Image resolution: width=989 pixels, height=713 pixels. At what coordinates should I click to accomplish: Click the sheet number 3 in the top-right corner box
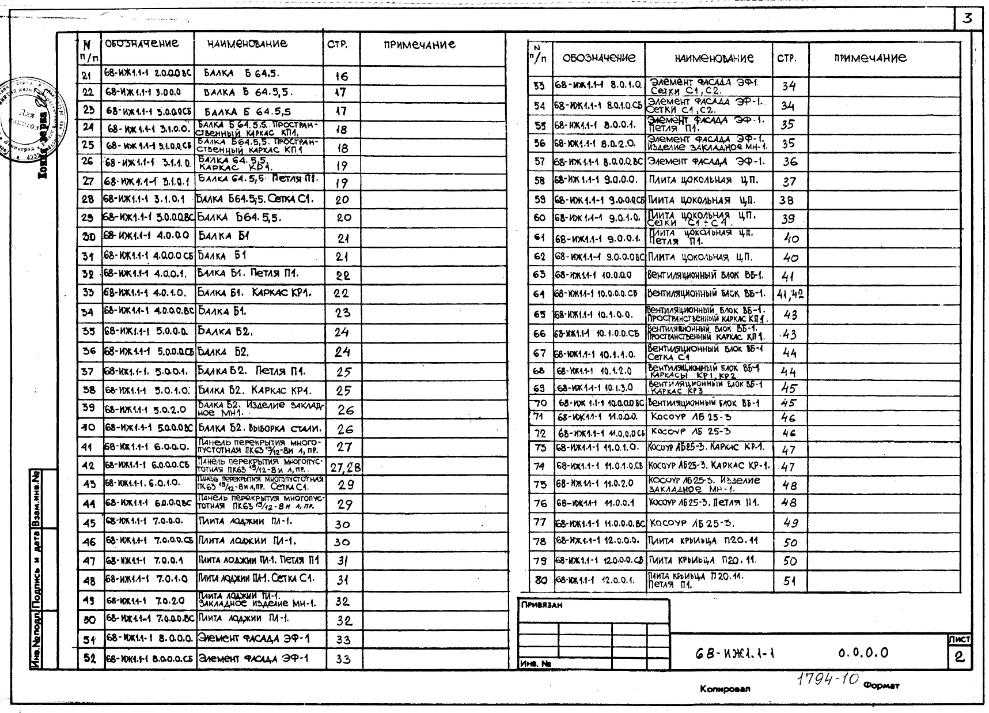click(x=967, y=18)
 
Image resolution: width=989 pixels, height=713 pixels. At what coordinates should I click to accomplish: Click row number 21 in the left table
click(x=88, y=75)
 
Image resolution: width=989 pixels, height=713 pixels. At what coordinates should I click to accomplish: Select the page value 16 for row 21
click(x=342, y=76)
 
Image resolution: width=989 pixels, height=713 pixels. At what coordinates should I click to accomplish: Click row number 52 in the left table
click(x=89, y=658)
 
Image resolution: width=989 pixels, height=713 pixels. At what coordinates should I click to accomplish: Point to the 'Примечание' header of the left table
click(x=419, y=44)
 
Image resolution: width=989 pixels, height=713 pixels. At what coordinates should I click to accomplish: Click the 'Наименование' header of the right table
click(x=714, y=58)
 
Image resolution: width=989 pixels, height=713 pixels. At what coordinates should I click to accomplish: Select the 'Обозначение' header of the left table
click(x=142, y=44)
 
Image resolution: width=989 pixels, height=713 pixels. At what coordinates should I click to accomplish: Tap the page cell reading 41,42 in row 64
click(x=790, y=295)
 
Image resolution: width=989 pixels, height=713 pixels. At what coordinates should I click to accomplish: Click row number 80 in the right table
click(x=540, y=580)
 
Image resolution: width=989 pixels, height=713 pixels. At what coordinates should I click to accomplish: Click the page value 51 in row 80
click(x=789, y=581)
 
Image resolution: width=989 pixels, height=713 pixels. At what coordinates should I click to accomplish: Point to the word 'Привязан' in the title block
click(x=541, y=605)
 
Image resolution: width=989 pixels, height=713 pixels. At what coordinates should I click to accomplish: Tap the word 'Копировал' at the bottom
click(x=725, y=689)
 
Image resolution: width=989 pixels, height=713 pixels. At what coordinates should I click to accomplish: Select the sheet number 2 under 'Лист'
click(x=959, y=657)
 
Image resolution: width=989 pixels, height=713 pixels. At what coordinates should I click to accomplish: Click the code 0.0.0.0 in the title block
click(x=863, y=653)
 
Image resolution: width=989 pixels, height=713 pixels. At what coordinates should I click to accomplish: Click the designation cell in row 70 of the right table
click(x=600, y=403)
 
